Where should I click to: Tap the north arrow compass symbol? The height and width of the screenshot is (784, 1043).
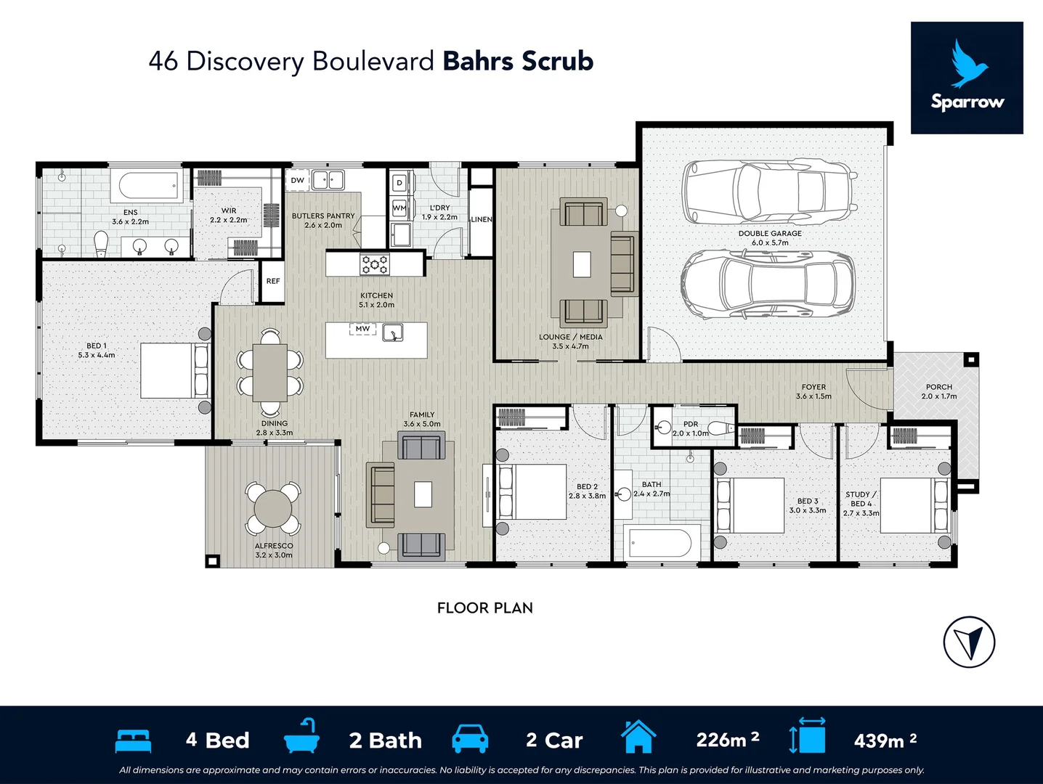tap(969, 642)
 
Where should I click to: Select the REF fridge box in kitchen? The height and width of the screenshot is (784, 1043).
tap(273, 281)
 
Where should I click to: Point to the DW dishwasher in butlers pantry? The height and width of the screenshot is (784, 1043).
tap(298, 180)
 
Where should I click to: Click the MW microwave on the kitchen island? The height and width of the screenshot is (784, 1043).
tap(362, 329)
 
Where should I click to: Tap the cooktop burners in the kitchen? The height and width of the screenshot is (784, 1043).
tap(375, 264)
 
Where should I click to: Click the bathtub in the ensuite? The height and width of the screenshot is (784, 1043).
tap(148, 186)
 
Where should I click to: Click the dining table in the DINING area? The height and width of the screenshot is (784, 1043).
tap(270, 373)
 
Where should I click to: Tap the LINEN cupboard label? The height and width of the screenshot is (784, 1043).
tap(481, 219)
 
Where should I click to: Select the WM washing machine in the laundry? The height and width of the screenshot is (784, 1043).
tap(399, 208)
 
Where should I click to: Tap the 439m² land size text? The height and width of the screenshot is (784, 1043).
tap(885, 740)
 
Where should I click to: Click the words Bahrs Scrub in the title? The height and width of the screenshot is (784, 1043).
tap(518, 61)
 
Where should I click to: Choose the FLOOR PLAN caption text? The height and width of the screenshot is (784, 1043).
tap(484, 608)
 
